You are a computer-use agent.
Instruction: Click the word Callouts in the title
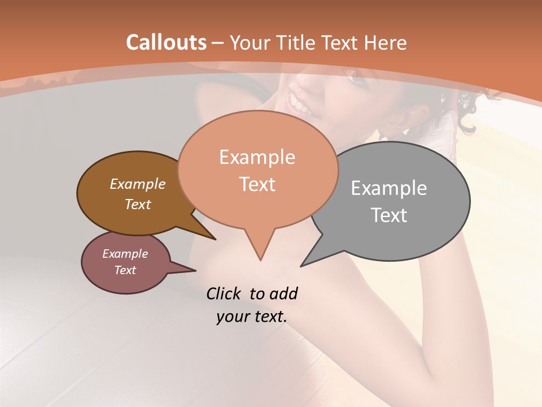point(167,42)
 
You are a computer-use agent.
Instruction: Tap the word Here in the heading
point(386,42)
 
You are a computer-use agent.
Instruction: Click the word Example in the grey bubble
point(389,188)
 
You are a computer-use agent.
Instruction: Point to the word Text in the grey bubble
point(389,215)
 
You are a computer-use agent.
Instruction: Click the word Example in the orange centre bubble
point(257,157)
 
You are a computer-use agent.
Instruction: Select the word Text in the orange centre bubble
point(257,184)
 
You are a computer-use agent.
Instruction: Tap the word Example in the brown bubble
point(137,184)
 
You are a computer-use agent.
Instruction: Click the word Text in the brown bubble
point(138,204)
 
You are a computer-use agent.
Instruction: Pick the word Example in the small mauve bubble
point(125,254)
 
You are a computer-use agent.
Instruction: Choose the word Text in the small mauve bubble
point(125,270)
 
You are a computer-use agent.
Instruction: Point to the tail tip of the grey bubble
point(301,266)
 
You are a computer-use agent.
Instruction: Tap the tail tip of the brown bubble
point(215,239)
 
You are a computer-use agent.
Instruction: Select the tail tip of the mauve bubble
point(195,270)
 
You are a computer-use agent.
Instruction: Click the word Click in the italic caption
point(225,293)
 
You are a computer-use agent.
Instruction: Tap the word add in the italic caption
point(283,293)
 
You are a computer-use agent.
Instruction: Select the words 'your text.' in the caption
point(251,317)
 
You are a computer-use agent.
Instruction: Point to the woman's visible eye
point(356,77)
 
